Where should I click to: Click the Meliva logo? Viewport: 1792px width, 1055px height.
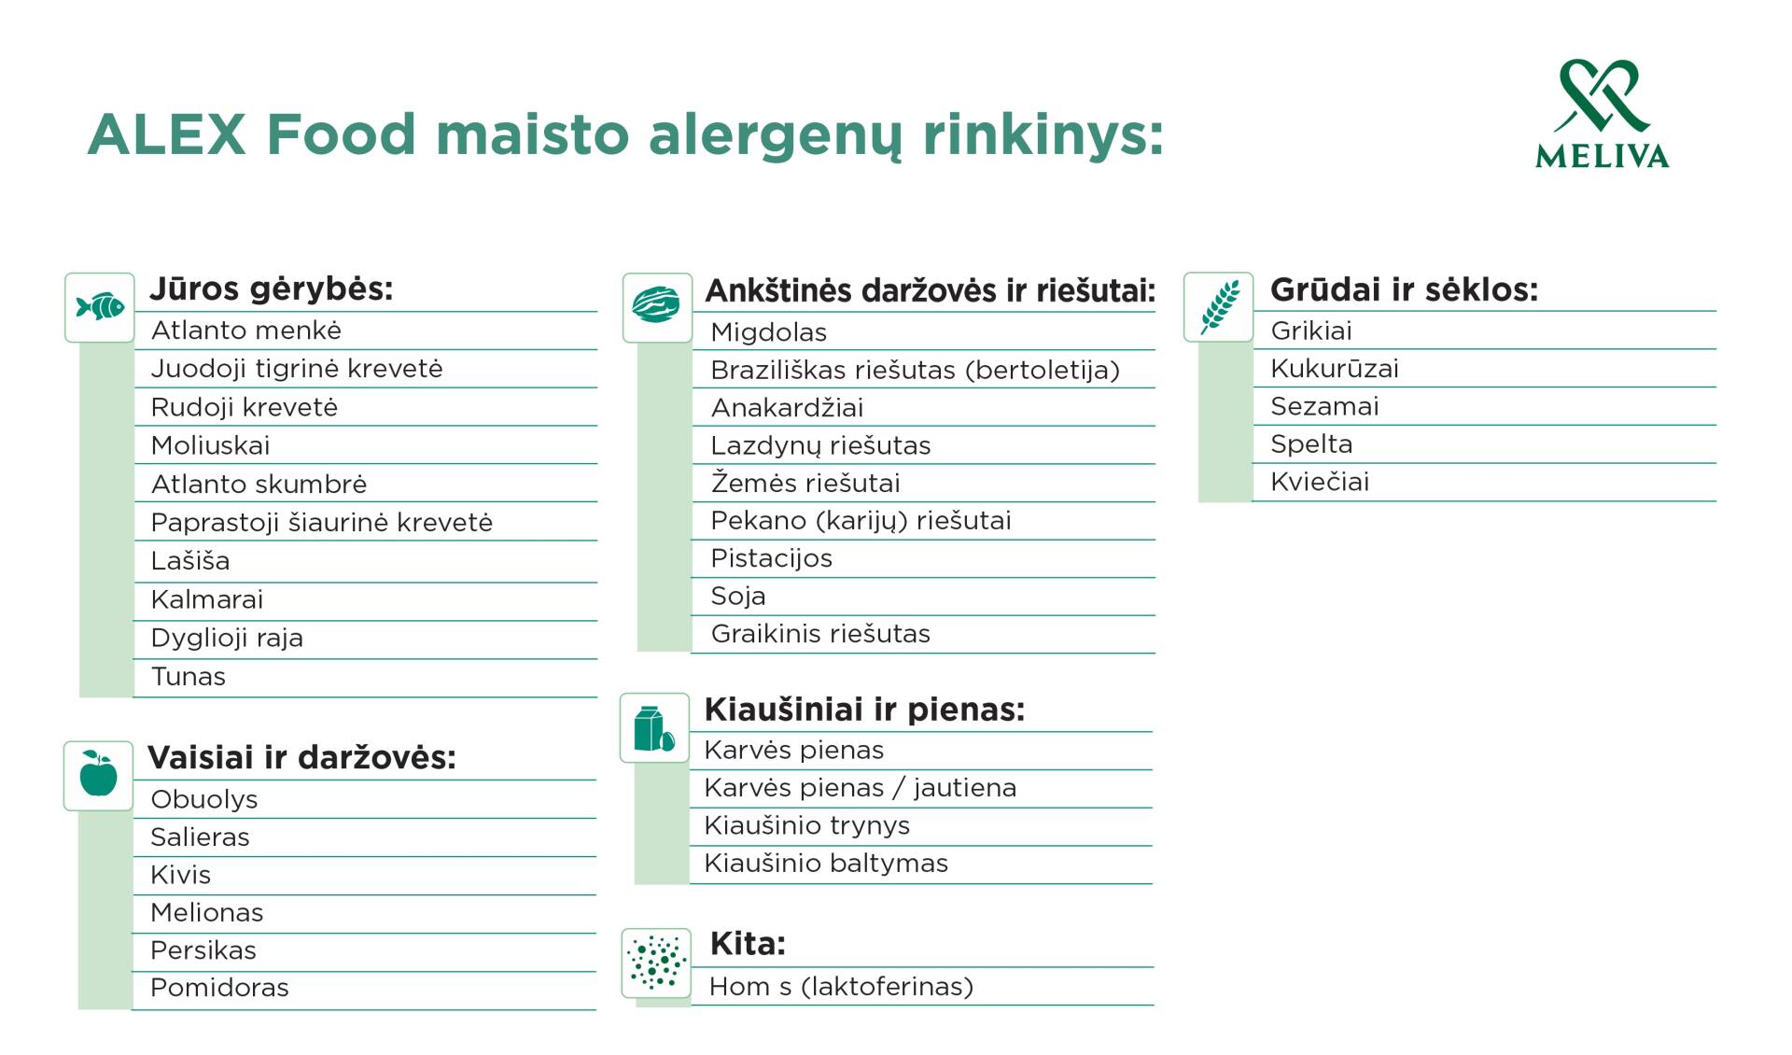1602,114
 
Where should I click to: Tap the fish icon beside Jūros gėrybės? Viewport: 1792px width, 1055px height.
100,307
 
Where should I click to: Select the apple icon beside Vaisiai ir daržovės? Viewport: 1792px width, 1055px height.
99,775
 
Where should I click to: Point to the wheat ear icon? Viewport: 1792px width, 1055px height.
1219,306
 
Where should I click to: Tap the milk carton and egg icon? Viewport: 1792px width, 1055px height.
655,728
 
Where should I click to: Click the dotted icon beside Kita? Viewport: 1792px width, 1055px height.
657,963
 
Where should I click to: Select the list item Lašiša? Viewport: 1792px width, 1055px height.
190,560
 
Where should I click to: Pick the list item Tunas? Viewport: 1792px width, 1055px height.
189,676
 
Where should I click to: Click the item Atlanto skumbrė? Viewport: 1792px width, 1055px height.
259,484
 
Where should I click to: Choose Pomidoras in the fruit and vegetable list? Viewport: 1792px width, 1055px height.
219,987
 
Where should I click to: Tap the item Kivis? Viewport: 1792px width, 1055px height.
181,875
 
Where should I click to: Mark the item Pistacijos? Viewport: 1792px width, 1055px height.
772,558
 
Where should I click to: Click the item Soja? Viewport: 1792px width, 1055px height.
738,596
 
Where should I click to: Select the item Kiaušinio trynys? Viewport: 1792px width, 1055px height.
807,825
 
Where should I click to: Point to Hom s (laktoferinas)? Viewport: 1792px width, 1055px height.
841,987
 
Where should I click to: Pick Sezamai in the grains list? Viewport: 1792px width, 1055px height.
1325,406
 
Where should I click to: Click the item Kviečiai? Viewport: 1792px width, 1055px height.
1320,482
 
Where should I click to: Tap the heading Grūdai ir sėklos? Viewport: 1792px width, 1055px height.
1405,289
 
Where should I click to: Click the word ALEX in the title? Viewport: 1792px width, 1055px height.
167,134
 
